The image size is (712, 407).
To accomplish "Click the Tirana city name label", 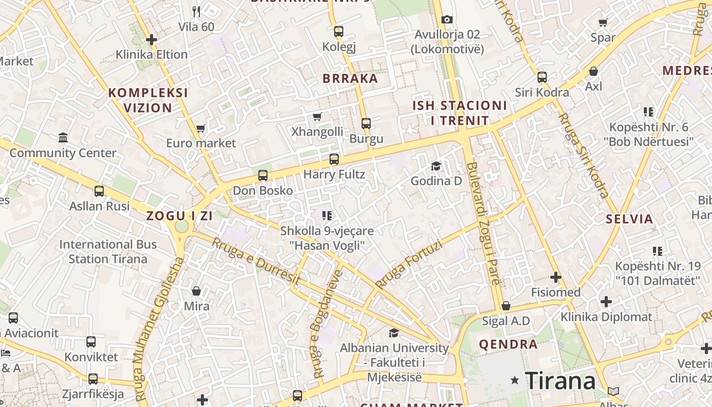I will click(x=560, y=381).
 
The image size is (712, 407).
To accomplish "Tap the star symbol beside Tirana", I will click(x=515, y=380).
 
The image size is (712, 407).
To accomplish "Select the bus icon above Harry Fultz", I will click(x=334, y=159).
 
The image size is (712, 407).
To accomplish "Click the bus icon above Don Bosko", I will click(x=262, y=176).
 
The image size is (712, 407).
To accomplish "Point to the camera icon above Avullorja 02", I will click(x=447, y=19).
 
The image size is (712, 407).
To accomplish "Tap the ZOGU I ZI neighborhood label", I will click(x=180, y=216).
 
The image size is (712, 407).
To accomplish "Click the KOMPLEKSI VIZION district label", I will click(x=148, y=100).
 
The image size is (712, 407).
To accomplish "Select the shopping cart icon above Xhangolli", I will click(x=317, y=117).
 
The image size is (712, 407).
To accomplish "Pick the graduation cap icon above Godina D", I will click(x=436, y=166).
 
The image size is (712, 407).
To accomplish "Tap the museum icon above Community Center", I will click(x=63, y=137).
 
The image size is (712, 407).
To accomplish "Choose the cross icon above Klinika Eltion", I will click(x=151, y=39).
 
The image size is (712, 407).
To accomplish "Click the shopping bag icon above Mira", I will click(x=196, y=291).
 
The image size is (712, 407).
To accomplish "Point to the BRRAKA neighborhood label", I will click(x=351, y=78).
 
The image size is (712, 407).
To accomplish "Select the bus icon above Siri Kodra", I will click(x=542, y=77).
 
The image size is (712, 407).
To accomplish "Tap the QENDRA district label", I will click(x=508, y=344).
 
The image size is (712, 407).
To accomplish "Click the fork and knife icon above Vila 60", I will click(x=196, y=11).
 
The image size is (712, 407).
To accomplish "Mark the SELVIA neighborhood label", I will click(x=630, y=219).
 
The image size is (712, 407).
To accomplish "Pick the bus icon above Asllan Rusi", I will click(x=99, y=191).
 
